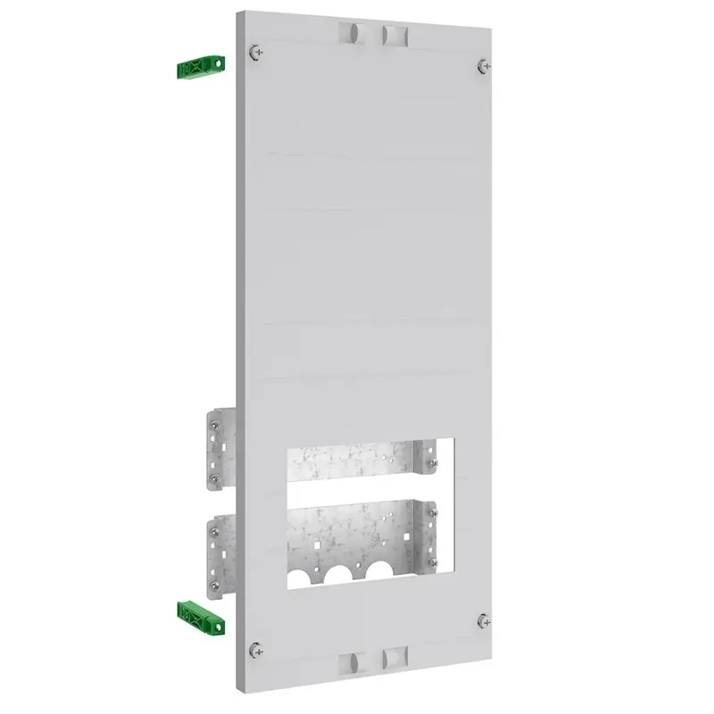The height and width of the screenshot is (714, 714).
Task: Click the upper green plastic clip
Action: (200, 68)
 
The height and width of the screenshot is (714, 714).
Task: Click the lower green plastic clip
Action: (200, 612)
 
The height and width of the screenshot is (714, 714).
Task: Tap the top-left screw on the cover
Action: (257, 51)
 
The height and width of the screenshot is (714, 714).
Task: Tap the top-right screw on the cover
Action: (483, 65)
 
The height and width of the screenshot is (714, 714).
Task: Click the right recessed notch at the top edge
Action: (393, 35)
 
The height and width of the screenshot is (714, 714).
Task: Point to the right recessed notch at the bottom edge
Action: (393, 660)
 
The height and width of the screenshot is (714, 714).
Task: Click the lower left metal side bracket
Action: (218, 553)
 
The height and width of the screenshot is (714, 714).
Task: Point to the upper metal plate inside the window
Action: (357, 464)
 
